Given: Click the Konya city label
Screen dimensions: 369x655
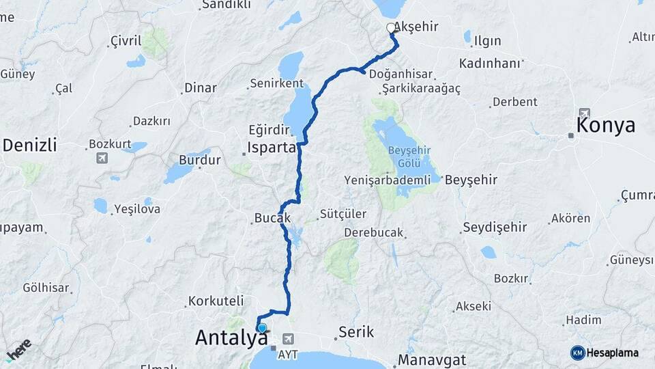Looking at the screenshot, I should (606, 126).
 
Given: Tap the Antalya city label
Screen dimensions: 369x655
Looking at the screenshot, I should (231, 337).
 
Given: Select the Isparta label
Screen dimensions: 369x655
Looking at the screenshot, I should (272, 148).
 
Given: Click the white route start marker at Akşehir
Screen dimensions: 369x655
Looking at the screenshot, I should (391, 28).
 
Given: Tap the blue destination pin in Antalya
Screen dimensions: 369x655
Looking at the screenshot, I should (261, 328).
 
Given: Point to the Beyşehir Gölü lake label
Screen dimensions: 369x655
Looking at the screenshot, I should (405, 156).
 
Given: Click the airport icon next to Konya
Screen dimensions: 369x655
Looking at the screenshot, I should (583, 113).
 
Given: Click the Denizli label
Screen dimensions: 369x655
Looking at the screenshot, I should (29, 145).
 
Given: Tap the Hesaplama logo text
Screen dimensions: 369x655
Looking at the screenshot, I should (612, 353).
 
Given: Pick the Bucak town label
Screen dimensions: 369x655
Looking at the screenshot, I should (273, 219).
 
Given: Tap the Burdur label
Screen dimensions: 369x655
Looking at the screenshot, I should (200, 161).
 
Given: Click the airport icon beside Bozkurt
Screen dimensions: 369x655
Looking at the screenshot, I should (102, 159).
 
